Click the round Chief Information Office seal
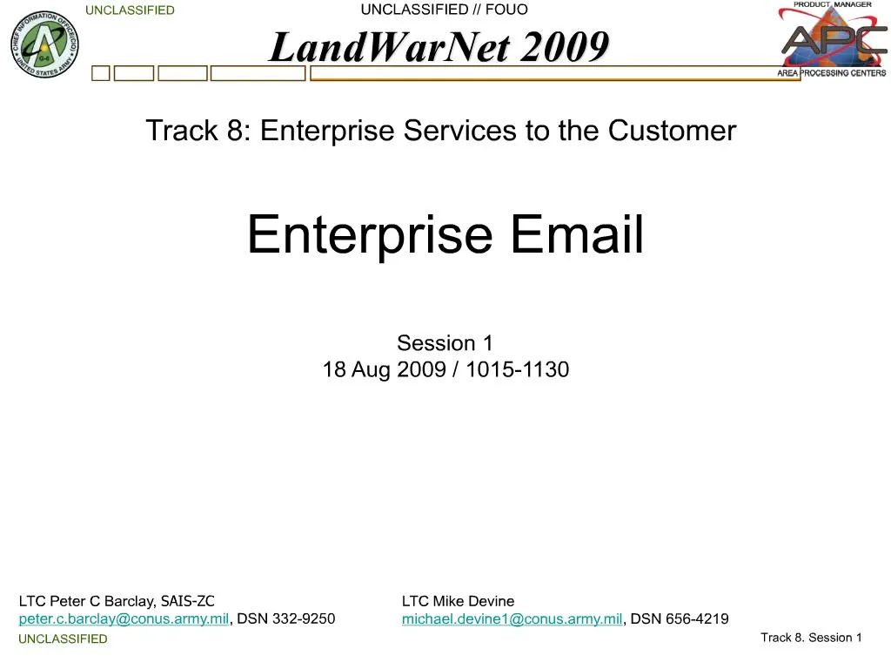45,44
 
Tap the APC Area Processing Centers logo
833,39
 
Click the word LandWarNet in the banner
389,47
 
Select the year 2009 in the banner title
565,47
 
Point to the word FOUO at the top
506,10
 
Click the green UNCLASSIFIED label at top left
131,10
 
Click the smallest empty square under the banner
101,73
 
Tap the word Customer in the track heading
673,131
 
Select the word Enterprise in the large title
370,234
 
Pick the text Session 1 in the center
445,343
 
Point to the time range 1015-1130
518,369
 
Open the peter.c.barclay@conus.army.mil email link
124,619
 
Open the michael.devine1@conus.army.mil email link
512,619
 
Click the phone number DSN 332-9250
285,618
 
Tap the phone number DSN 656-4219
680,618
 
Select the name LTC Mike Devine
458,601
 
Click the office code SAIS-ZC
188,601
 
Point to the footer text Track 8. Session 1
812,638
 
